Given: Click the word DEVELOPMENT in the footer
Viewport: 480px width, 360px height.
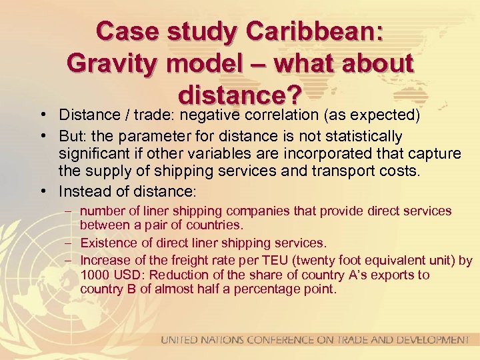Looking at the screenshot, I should pyautogui.click(x=429, y=340).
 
